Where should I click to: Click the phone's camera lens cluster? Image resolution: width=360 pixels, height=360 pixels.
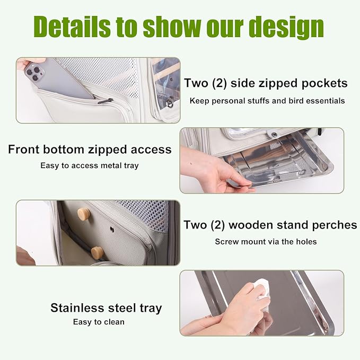pyautogui.click(x=32, y=73)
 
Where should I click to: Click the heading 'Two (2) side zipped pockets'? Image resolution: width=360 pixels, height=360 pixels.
pyautogui.click(x=266, y=83)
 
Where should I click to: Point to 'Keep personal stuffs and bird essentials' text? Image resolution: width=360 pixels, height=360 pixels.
pyautogui.click(x=267, y=100)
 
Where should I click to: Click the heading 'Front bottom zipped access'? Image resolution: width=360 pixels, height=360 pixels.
pyautogui.click(x=90, y=150)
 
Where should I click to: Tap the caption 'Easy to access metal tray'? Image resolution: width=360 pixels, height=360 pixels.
pyautogui.click(x=90, y=165)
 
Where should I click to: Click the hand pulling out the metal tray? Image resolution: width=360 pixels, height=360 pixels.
pyautogui.click(x=212, y=170)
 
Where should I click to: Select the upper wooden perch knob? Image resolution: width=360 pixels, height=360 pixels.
pyautogui.click(x=83, y=214)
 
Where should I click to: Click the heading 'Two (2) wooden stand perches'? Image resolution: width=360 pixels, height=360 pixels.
pyautogui.click(x=270, y=225)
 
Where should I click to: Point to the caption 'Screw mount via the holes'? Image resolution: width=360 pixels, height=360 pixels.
pyautogui.click(x=266, y=242)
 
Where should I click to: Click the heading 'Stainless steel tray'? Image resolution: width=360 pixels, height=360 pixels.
pyautogui.click(x=106, y=308)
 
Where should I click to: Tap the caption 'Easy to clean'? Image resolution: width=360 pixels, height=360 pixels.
pyautogui.click(x=99, y=322)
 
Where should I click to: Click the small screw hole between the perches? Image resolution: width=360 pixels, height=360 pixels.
pyautogui.click(x=112, y=230)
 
